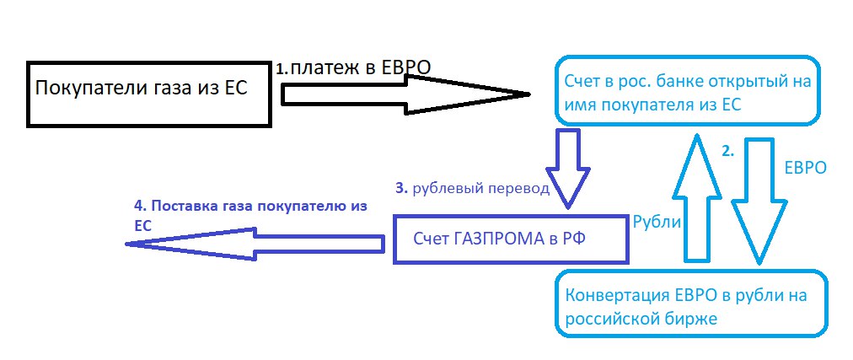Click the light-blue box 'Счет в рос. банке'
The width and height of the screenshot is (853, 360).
click(x=686, y=91)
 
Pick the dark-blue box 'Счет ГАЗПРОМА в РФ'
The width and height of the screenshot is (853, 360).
click(x=512, y=239)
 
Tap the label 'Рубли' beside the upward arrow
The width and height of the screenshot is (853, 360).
click(x=656, y=221)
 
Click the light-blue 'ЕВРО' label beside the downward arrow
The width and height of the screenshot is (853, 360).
click(x=805, y=168)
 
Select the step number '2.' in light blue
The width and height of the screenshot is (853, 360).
click(x=728, y=152)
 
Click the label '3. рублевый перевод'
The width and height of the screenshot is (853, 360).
click(x=472, y=188)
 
